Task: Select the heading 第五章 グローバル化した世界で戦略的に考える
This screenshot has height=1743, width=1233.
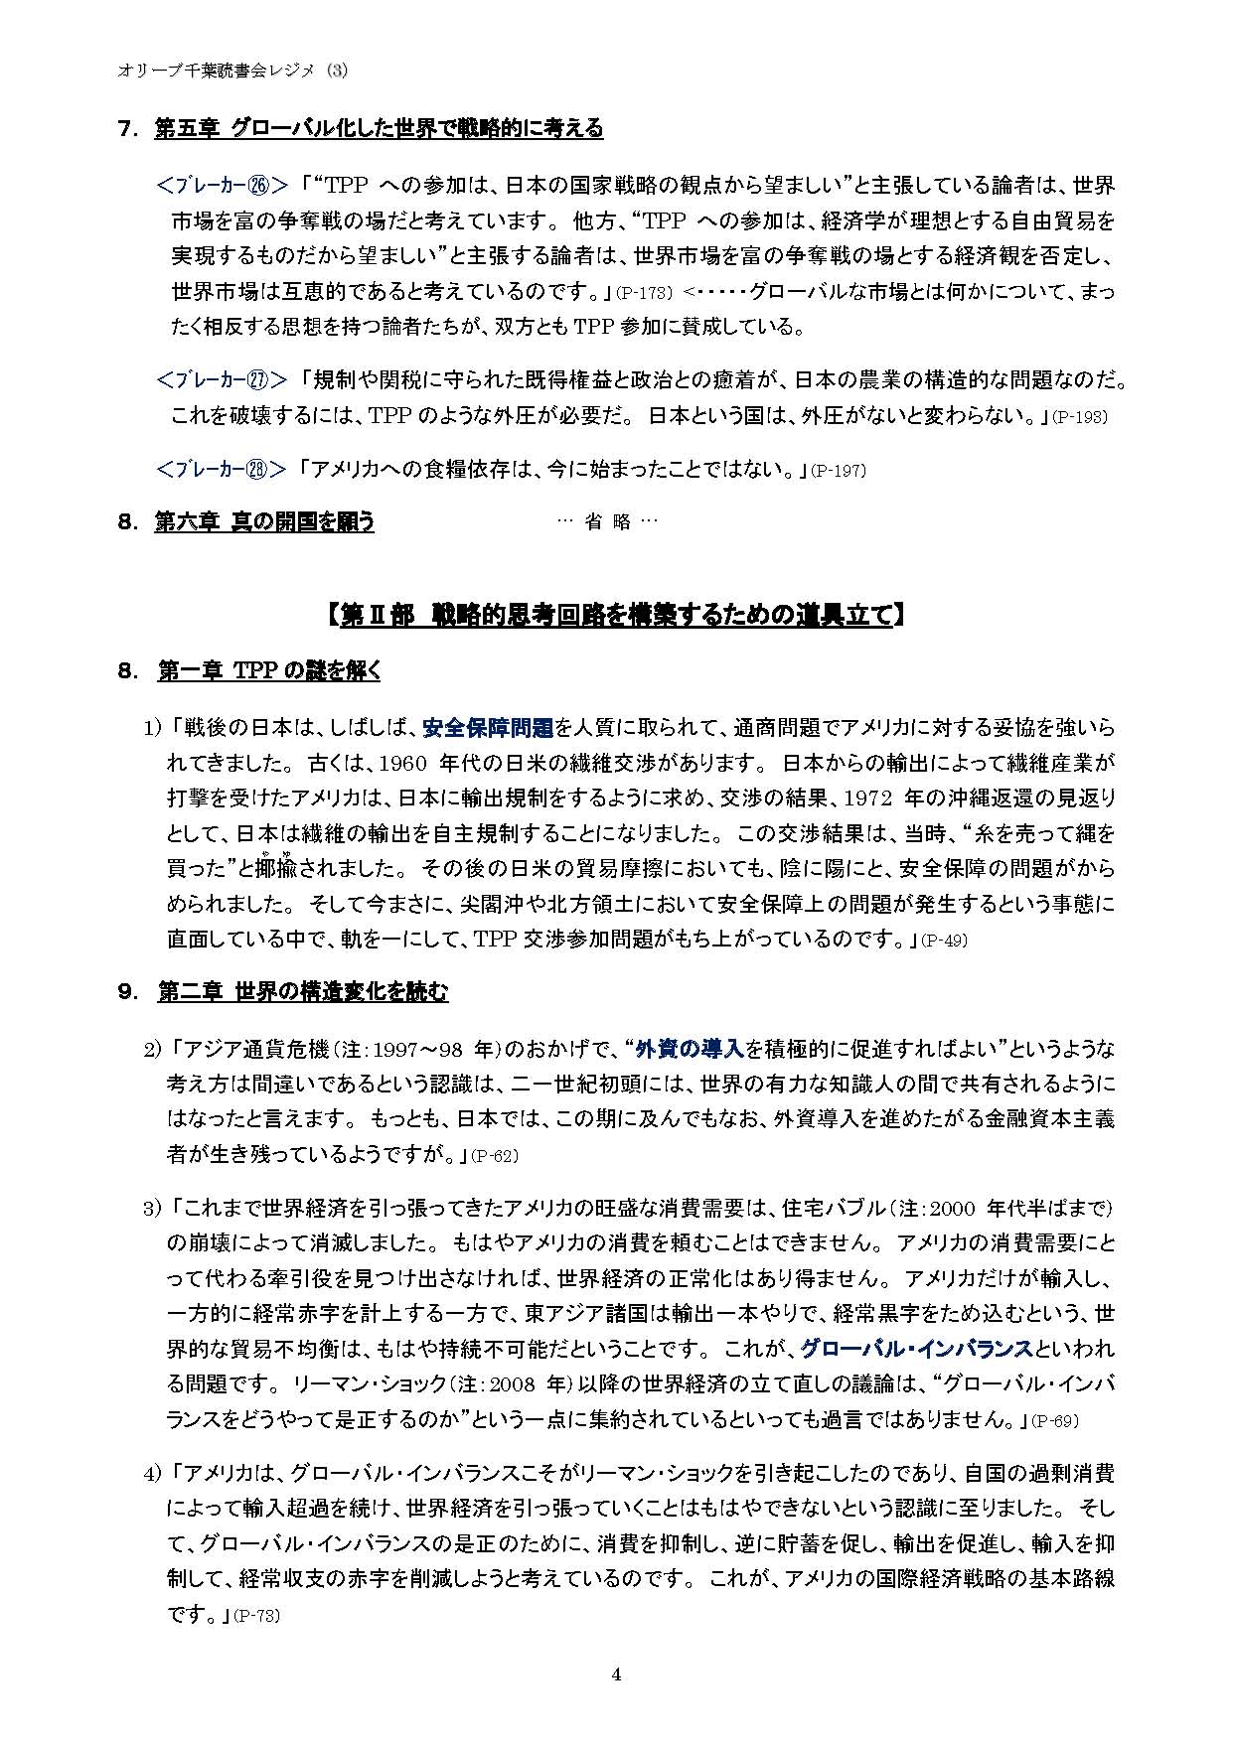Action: [x=379, y=128]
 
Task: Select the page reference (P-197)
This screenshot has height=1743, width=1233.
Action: [x=838, y=471]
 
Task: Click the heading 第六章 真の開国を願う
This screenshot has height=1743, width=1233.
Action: [x=264, y=522]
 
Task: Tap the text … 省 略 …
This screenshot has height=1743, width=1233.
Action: [x=608, y=522]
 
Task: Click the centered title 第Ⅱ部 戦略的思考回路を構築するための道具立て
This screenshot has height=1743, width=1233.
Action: [x=615, y=616]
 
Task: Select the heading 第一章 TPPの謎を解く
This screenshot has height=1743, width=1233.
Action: [x=268, y=671]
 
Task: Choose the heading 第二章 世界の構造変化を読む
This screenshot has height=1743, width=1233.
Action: [x=302, y=992]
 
